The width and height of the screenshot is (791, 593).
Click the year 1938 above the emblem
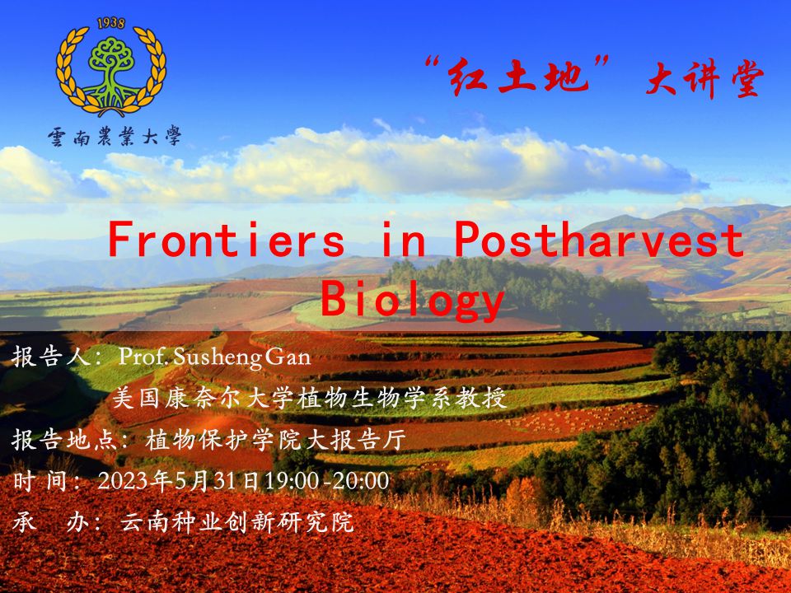pyautogui.click(x=111, y=23)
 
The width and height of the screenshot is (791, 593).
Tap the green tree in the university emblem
pyautogui.click(x=111, y=71)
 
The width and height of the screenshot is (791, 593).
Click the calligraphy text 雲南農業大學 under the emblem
pyautogui.click(x=115, y=136)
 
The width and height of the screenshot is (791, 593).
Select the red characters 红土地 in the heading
pyautogui.click(x=518, y=76)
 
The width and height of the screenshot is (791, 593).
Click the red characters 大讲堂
pyautogui.click(x=705, y=79)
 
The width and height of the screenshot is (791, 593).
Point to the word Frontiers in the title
pyautogui.click(x=227, y=240)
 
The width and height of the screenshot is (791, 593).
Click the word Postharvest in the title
pyautogui.click(x=599, y=239)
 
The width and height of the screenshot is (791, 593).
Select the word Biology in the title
pyautogui.click(x=412, y=300)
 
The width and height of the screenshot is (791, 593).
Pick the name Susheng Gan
pyautogui.click(x=241, y=357)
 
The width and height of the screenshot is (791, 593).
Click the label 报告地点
pyautogui.click(x=65, y=440)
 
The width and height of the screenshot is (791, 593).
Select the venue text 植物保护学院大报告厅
pyautogui.click(x=275, y=440)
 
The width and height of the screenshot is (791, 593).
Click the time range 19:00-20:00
pyautogui.click(x=327, y=480)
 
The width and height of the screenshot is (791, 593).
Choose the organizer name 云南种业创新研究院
pyautogui.click(x=237, y=522)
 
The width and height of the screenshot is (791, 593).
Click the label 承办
pyautogui.click(x=51, y=522)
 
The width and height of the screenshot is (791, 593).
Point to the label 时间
pyautogui.click(x=40, y=480)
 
